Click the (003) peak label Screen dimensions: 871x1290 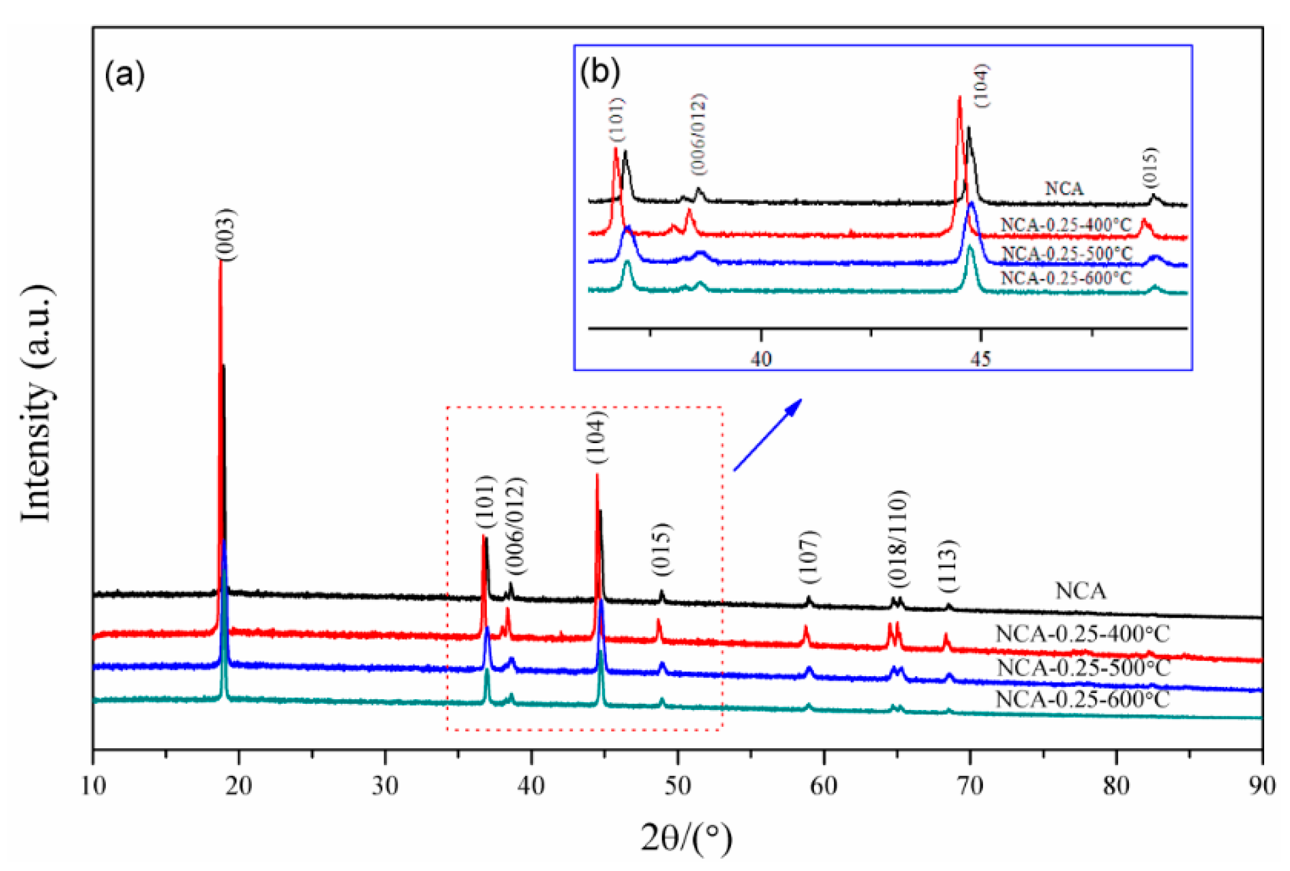[x=227, y=234]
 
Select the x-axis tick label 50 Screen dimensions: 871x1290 [x=677, y=786]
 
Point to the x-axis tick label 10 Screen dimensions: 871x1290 [x=94, y=786]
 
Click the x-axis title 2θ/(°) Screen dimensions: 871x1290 [x=687, y=838]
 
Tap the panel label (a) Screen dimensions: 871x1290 [x=124, y=75]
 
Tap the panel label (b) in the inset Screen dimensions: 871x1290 [x=599, y=72]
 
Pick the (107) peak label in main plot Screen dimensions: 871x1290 [x=809, y=557]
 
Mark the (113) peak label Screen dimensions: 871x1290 [x=948, y=565]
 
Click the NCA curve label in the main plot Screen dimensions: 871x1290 [x=1080, y=591]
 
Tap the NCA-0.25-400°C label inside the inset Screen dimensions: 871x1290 [x=1065, y=225]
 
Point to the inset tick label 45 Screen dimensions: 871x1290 [x=980, y=359]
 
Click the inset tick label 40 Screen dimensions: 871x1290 [x=760, y=359]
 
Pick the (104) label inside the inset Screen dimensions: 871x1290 [x=981, y=86]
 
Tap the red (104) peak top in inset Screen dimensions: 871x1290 [x=959, y=98]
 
